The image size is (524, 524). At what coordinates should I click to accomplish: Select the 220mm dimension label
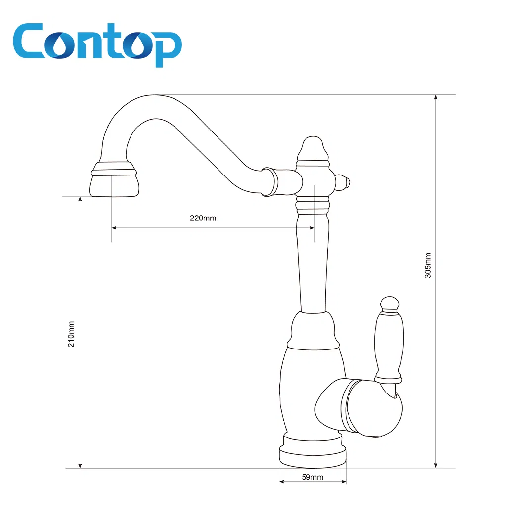203,218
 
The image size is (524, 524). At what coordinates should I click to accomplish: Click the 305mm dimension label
428,265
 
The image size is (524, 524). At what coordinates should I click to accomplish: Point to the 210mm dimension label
71,334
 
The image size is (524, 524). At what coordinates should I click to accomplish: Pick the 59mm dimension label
312,477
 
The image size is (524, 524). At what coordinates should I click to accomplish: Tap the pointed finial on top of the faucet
312,147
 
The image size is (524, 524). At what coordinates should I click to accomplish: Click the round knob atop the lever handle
389,303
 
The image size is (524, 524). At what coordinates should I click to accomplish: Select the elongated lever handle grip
389,346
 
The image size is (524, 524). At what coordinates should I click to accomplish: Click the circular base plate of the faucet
312,455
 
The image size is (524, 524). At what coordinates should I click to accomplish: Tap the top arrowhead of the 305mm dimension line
436,97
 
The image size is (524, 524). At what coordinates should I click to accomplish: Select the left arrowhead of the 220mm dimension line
114,228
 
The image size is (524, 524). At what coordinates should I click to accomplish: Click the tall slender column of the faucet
313,262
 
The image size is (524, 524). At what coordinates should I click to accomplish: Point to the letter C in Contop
31,44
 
